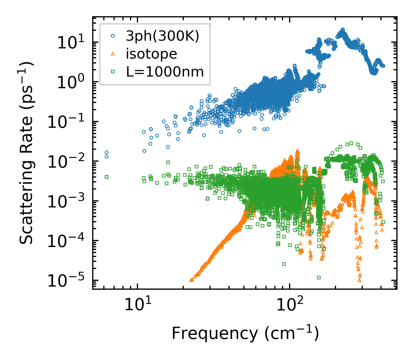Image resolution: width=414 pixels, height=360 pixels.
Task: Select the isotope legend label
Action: point(151,54)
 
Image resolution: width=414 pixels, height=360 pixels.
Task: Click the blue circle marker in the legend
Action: point(113,36)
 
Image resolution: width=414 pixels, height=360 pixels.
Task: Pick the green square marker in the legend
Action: point(113,72)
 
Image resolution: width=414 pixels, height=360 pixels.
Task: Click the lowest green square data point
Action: point(319,277)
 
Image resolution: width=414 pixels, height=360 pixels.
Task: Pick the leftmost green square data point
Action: point(106,177)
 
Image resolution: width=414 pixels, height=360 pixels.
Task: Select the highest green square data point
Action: point(351,143)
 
